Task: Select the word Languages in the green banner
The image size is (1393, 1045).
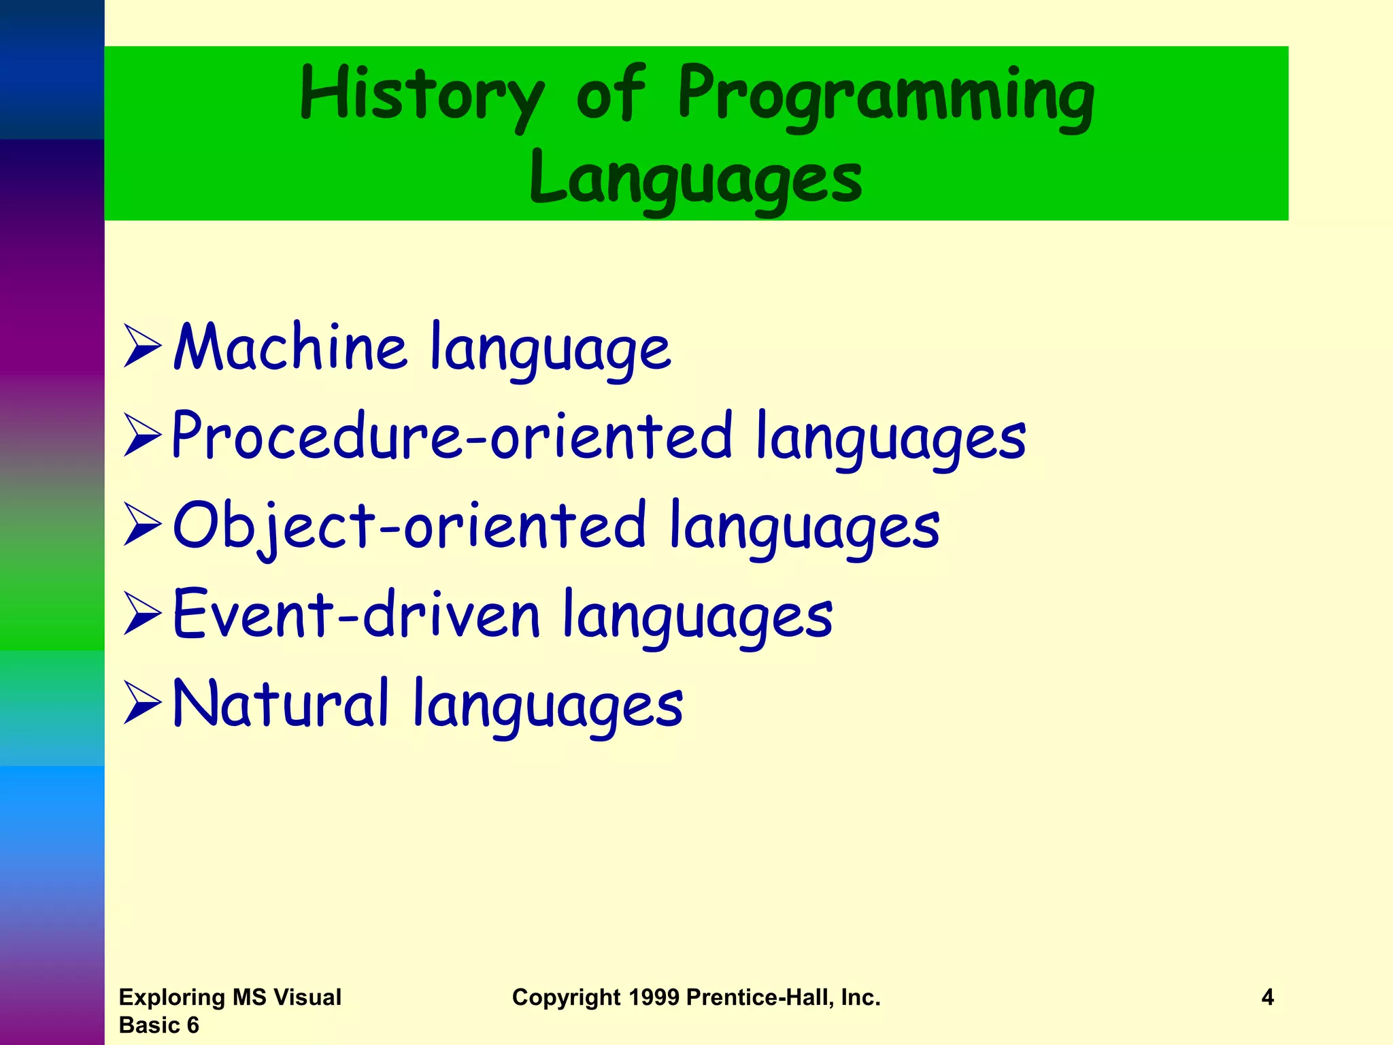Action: coord(696,178)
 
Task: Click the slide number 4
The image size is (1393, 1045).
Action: coord(1267,997)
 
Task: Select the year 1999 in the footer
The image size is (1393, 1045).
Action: coord(654,997)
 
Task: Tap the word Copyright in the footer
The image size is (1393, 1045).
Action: coord(566,998)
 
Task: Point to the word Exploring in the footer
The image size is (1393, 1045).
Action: coord(172,997)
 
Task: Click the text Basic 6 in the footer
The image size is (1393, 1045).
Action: coord(158,1025)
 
